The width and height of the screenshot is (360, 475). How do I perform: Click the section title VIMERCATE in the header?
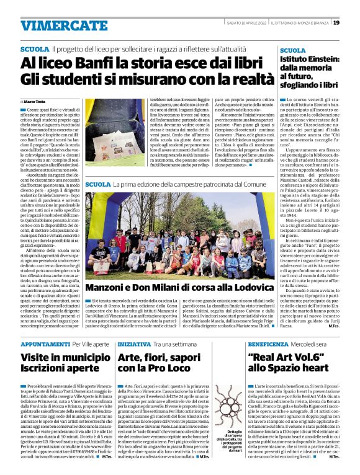pyautogui.click(x=55, y=25)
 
